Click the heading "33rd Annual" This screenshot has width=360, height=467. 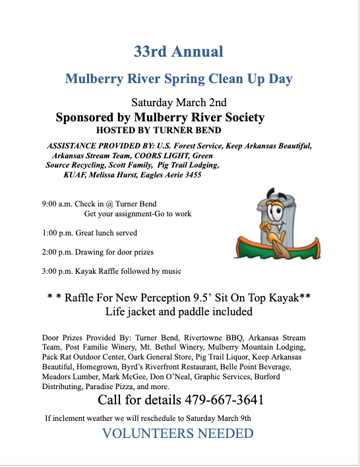tap(179, 51)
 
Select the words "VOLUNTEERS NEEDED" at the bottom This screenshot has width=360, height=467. tap(177, 433)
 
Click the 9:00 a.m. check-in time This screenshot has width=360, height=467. tap(55, 204)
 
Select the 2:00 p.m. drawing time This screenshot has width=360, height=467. tap(55, 252)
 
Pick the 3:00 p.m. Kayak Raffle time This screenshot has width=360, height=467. tap(55, 271)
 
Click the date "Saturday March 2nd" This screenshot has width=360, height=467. tap(179, 102)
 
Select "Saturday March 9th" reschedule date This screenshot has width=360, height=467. tap(218, 418)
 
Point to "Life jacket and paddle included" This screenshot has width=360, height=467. tap(179, 311)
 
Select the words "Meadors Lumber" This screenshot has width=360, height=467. tap(69, 377)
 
